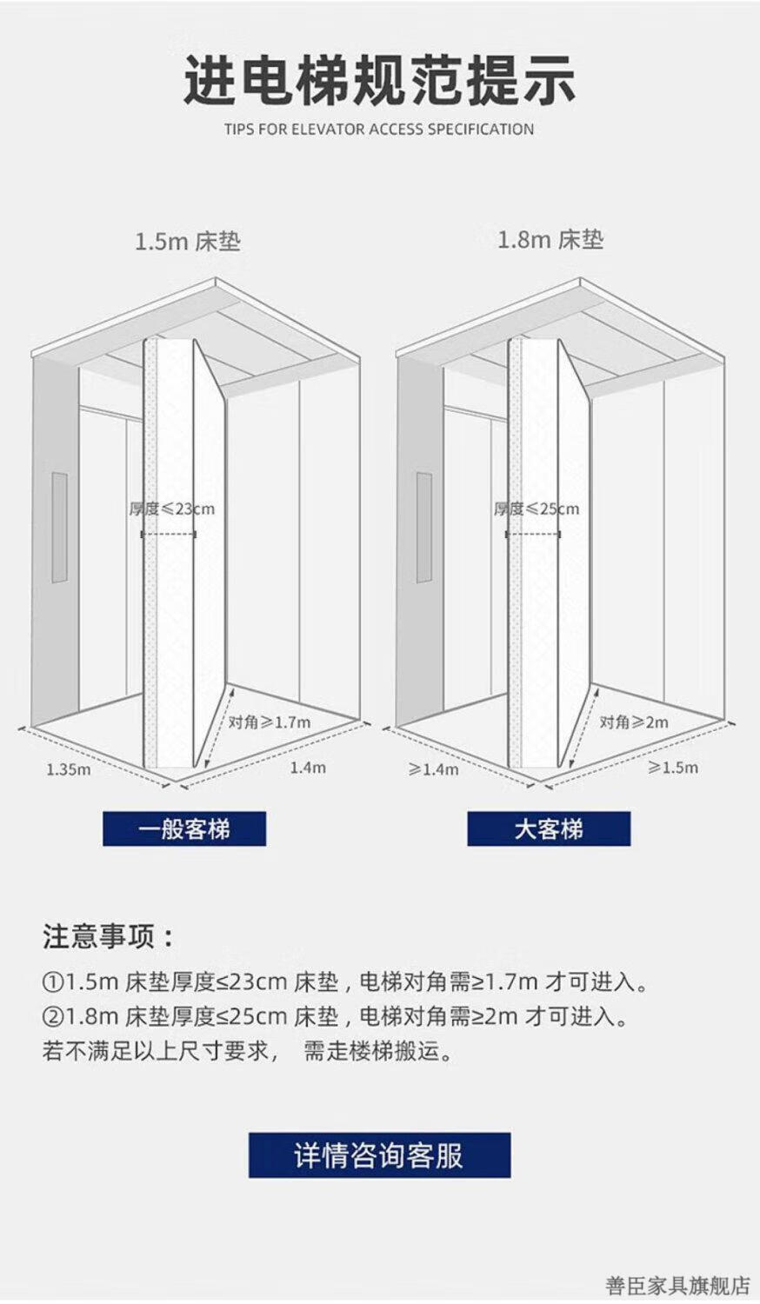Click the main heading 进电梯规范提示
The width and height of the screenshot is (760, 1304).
[x=379, y=80]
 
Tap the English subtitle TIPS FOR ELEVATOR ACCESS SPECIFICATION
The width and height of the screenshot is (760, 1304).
[x=379, y=130]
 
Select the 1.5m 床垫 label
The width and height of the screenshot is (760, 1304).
[x=187, y=242]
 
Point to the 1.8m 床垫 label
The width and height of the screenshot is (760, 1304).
[x=550, y=240]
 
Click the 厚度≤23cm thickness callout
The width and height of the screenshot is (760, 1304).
[x=171, y=509]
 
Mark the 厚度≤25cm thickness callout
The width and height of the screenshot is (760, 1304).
[x=536, y=509]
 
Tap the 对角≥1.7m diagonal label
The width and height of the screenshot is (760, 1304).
[x=270, y=722]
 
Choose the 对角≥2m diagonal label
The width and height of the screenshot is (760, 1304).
[x=634, y=722]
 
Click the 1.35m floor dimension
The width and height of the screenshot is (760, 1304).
[x=68, y=769]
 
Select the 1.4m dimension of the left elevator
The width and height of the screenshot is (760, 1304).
[x=308, y=768]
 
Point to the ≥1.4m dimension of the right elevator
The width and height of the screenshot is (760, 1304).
[x=433, y=769]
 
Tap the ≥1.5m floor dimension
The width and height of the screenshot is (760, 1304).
[x=673, y=768]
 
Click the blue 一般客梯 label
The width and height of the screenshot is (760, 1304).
[x=184, y=829]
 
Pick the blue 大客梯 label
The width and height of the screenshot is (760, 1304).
[x=549, y=829]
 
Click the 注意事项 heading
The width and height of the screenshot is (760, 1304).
[x=108, y=937]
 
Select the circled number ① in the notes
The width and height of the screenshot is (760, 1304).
[x=53, y=983]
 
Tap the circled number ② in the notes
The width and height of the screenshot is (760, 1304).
[x=53, y=1016]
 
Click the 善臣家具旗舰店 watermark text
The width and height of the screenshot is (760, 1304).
[x=677, y=1285]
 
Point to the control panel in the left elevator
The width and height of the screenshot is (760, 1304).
[x=59, y=527]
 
